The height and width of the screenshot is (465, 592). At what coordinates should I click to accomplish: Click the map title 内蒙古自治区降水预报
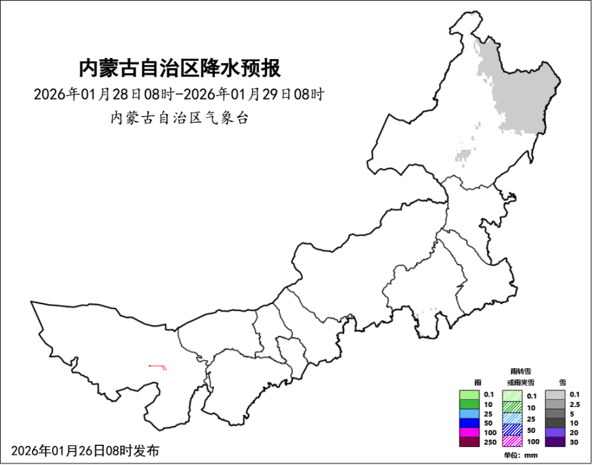pos(179,67)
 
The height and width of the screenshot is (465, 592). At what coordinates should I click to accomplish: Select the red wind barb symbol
pos(160,367)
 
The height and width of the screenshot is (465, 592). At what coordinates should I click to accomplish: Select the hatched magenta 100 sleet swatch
pos(512,441)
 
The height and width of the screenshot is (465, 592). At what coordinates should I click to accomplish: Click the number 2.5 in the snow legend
pos(575,404)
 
